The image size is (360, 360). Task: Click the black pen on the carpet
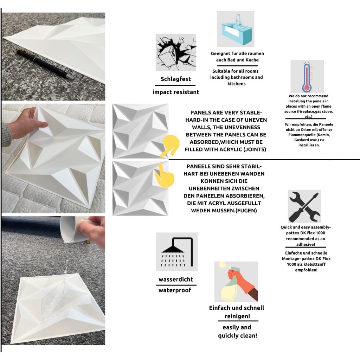(45, 64)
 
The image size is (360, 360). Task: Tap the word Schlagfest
(176, 79)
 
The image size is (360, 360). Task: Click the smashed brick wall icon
(176, 53)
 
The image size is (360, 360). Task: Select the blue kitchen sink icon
(236, 29)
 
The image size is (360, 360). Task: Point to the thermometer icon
(307, 76)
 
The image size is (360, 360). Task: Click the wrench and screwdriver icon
(304, 206)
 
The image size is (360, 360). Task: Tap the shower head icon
(176, 252)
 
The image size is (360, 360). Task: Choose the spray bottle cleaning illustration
(236, 282)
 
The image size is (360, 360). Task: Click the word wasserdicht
(176, 279)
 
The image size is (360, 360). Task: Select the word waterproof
(175, 290)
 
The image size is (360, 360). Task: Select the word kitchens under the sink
(237, 84)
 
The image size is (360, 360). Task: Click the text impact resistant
(176, 92)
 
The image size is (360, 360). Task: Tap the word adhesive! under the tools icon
(306, 245)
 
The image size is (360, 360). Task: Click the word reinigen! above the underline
(237, 316)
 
